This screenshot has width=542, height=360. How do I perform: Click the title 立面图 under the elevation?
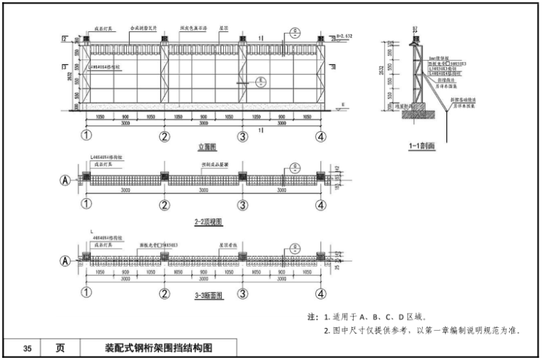click(207, 147)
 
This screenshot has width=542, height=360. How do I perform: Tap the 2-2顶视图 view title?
click(206, 222)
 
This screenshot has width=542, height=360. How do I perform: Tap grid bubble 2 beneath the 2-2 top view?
click(165, 205)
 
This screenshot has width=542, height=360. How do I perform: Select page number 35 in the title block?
click(27, 349)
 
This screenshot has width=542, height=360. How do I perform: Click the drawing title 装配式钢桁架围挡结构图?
click(158, 349)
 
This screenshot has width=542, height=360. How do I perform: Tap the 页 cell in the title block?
click(61, 349)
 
